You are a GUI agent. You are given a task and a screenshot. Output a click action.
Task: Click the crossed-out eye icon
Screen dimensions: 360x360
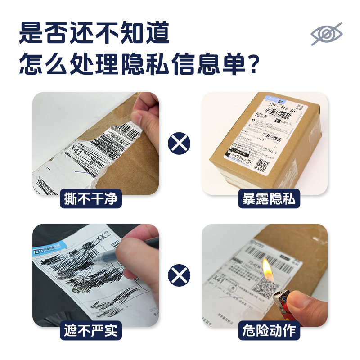point(327,34)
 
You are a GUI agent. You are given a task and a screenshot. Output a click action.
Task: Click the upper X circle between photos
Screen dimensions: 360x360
point(180,144)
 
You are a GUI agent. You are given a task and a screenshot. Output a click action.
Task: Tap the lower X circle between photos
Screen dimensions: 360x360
point(180,275)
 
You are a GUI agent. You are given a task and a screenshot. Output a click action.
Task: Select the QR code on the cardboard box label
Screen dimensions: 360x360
point(261,165)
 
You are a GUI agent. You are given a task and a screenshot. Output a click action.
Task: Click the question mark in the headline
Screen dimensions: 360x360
point(253,64)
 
